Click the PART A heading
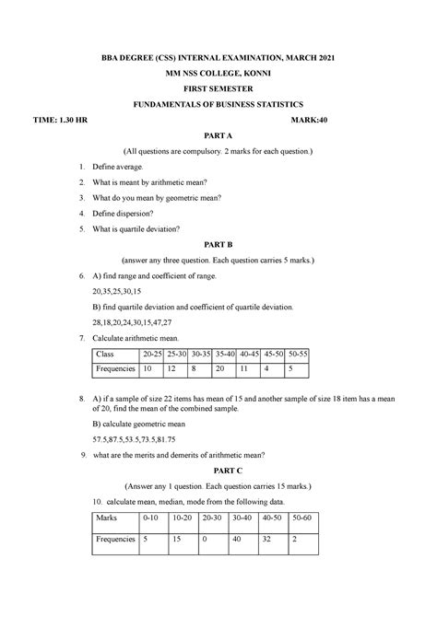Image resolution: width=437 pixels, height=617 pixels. (218, 133)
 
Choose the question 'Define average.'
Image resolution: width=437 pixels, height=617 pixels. (143, 167)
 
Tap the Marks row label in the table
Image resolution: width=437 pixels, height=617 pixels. (111, 518)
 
